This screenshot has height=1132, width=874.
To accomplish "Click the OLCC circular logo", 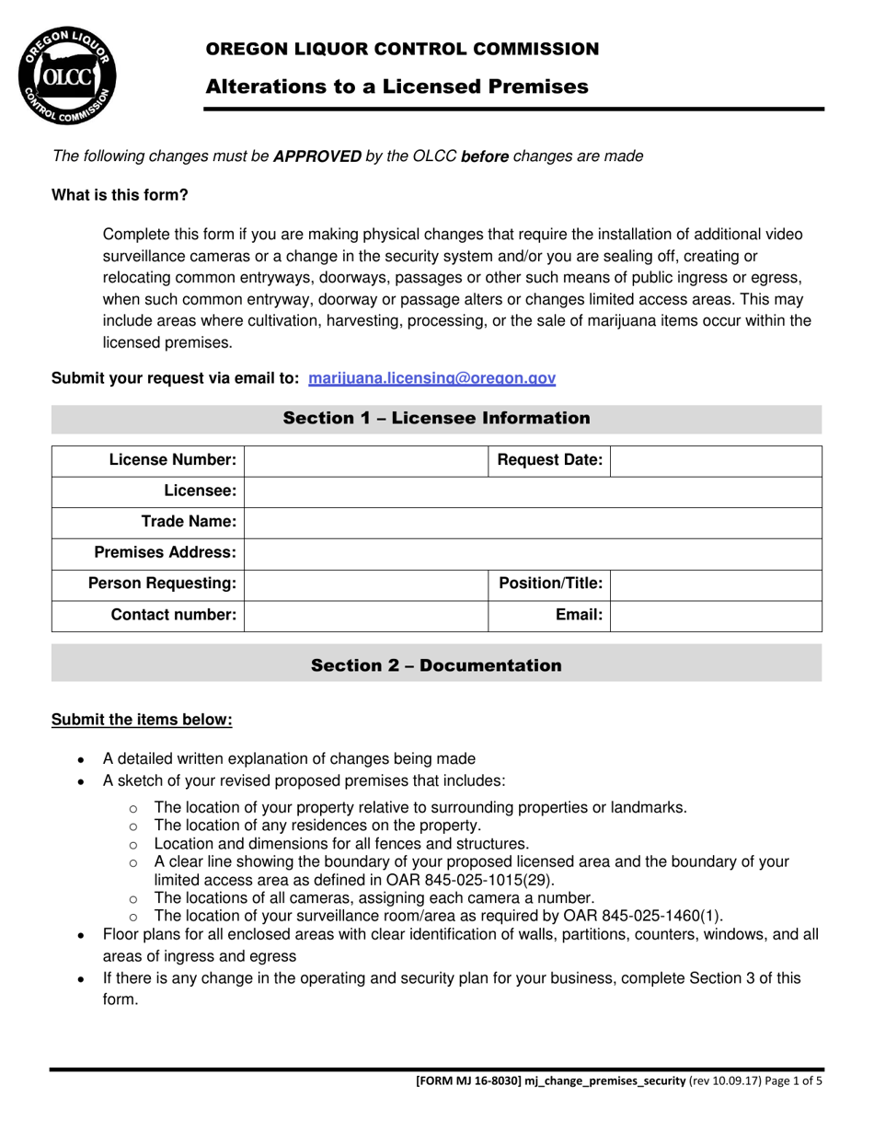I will [67, 76].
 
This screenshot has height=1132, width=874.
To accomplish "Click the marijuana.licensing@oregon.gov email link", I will [431, 378].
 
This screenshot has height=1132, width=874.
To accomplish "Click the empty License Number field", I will [365, 460].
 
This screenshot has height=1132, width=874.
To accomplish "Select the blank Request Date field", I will [715, 460].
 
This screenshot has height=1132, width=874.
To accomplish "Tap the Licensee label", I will [200, 491].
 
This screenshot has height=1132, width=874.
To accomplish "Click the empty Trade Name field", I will [533, 522].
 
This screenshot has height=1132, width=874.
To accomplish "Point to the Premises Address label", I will [166, 553].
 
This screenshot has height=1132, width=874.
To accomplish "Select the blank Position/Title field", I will [715, 583].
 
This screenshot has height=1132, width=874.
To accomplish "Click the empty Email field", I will [715, 615].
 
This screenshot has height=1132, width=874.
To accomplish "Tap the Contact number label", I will [173, 615].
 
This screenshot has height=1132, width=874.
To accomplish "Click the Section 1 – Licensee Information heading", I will [436, 419].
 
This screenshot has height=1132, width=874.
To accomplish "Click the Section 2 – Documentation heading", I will [436, 665].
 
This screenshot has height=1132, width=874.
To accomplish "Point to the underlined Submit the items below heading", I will [142, 720].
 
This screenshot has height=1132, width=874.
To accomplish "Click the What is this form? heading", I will [120, 195].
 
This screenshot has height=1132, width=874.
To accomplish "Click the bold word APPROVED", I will [317, 156].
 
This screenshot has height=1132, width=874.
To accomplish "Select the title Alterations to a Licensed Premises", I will [397, 87].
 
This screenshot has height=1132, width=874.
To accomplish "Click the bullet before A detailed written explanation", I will [82, 760].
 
